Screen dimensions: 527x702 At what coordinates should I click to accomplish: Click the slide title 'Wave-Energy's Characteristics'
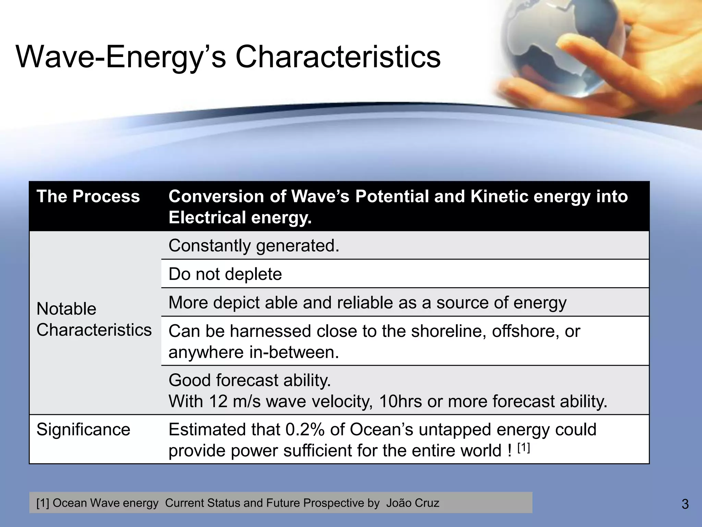[228, 57]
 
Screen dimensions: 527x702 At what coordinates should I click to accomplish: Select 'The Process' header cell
[88, 197]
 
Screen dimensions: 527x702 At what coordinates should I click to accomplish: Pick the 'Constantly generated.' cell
[254, 246]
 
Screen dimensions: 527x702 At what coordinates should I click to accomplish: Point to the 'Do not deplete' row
[225, 274]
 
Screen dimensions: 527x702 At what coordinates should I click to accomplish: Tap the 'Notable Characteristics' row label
[94, 319]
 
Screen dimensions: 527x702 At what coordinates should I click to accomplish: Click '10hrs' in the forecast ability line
[400, 401]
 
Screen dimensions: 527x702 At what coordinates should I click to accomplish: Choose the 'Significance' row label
[83, 430]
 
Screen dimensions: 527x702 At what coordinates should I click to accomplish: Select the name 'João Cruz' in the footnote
[412, 503]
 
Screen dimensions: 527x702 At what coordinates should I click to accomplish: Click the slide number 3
[685, 504]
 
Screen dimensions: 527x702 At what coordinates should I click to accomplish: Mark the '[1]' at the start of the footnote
[43, 503]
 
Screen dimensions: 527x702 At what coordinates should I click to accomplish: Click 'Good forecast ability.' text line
[250, 380]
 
